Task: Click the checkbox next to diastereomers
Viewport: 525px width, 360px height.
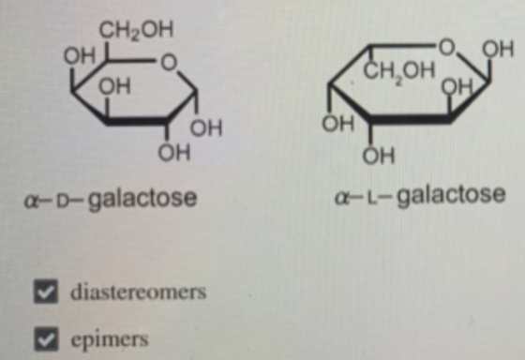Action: point(46,291)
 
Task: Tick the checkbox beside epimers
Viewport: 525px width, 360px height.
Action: point(46,338)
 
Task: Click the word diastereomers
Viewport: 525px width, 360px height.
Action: point(139,292)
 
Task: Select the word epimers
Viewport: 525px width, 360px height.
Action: point(110,339)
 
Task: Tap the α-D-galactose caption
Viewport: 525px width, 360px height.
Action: point(111,199)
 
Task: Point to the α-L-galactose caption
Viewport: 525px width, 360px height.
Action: point(420,196)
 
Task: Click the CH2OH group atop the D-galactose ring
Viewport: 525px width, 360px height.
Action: point(136,30)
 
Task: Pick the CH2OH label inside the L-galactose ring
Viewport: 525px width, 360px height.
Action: point(399,71)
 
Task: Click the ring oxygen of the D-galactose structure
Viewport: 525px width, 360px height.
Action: point(169,63)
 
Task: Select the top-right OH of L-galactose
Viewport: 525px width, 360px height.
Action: point(498,50)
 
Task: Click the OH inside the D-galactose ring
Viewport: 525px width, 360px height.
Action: point(114,86)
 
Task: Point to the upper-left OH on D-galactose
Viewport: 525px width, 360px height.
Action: point(80,55)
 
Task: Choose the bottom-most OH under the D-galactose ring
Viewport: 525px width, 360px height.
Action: point(174,154)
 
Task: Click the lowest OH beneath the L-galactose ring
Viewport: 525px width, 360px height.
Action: point(379,156)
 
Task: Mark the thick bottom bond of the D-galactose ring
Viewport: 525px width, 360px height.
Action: point(137,121)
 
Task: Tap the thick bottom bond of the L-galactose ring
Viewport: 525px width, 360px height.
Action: point(409,118)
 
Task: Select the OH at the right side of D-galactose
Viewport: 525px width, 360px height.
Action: point(206,127)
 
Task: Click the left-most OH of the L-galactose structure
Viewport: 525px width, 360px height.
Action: point(337,123)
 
